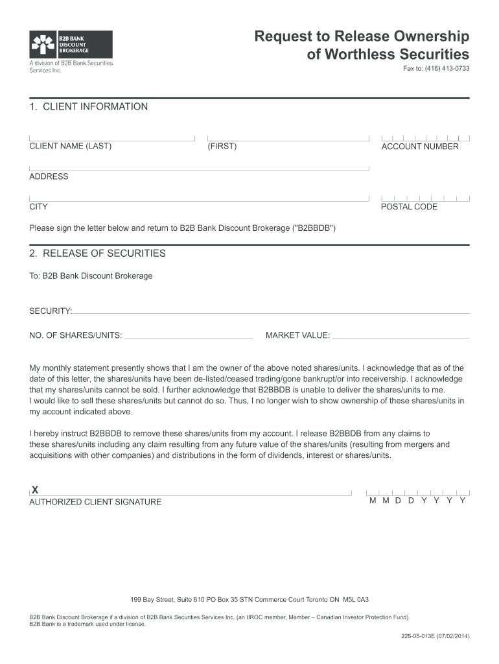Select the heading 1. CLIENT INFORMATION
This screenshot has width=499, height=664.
89,106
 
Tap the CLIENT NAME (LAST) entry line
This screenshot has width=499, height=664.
111,137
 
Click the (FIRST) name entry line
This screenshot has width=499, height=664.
287,137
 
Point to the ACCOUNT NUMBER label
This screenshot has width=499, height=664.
420,147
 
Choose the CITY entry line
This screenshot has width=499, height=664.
199,198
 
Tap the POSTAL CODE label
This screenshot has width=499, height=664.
409,207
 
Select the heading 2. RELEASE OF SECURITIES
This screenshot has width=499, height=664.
98,253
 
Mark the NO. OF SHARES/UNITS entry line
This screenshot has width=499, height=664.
188,337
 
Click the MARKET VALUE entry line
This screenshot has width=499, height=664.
400,337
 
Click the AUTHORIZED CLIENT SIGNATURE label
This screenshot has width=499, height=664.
95,502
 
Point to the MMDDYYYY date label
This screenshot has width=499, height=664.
417,501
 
